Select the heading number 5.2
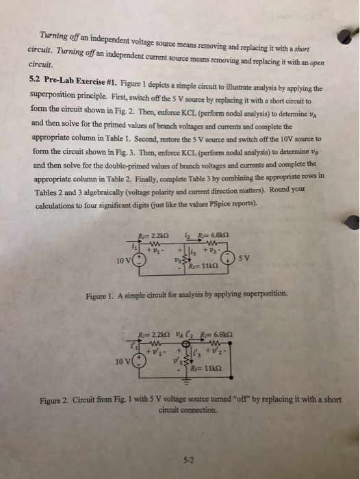click(x=38, y=77)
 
